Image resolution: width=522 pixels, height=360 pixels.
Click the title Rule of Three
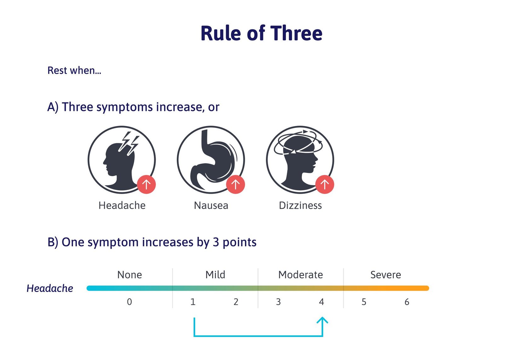[261, 33]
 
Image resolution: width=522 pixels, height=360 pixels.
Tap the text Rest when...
[74, 70]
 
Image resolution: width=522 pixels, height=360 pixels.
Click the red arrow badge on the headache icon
[146, 185]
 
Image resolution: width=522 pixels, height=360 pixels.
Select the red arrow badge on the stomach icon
[235, 185]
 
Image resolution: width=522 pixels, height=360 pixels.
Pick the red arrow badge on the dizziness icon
[325, 185]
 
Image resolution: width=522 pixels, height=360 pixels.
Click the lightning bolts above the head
[129, 143]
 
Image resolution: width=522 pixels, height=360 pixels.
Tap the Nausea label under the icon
[211, 205]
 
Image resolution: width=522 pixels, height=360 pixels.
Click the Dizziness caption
[300, 205]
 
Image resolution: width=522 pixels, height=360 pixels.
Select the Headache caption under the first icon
[122, 205]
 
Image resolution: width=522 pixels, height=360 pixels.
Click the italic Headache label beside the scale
[49, 288]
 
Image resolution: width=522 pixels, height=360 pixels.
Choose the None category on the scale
[130, 275]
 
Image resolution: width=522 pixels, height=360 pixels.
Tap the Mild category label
[215, 275]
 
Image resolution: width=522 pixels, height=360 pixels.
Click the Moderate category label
[301, 275]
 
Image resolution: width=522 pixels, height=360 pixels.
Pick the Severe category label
[386, 275]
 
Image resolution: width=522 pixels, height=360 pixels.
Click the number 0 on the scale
[130, 302]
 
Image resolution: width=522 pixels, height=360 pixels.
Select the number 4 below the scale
[322, 302]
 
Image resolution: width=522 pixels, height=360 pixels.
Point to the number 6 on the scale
[407, 302]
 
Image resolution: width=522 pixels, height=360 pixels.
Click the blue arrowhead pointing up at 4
[322, 320]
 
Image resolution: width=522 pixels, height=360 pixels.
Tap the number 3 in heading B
[216, 242]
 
